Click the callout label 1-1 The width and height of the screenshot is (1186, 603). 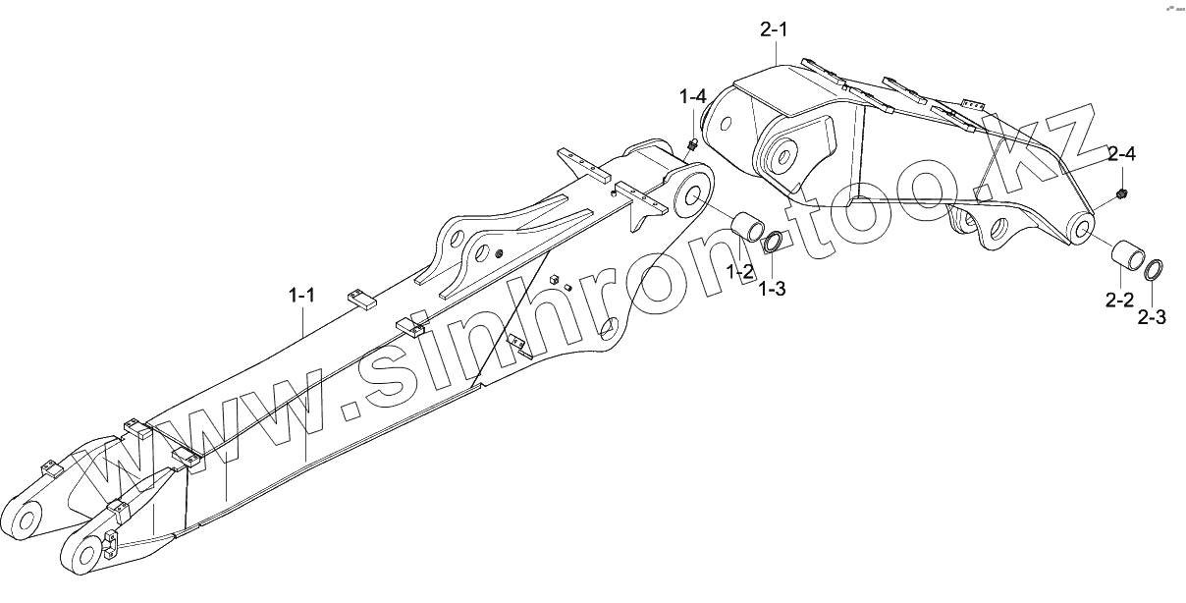(x=301, y=294)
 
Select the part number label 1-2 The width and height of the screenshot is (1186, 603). (x=740, y=271)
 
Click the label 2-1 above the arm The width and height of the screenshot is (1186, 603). (x=774, y=29)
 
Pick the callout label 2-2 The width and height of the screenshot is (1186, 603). (x=1119, y=300)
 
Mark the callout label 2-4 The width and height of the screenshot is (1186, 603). (x=1122, y=154)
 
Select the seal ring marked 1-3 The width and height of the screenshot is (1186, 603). (x=775, y=240)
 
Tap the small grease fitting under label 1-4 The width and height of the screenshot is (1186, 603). (x=693, y=145)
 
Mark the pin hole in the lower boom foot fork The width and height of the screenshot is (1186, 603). (x=85, y=557)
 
